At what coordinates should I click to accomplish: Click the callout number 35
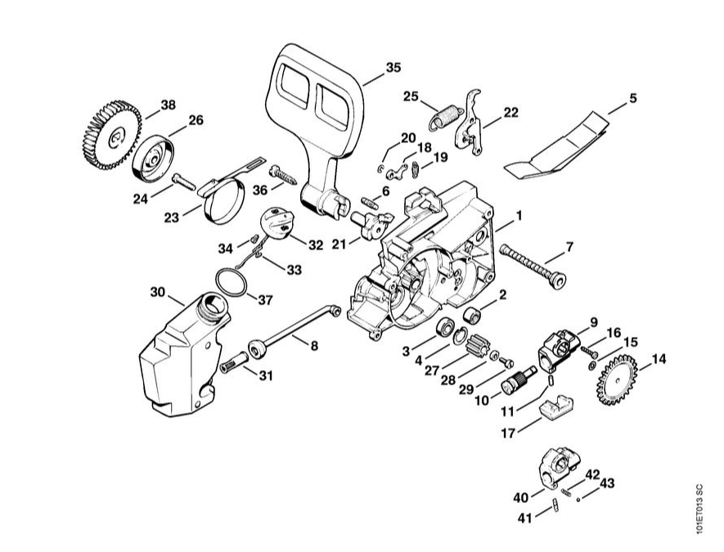pyautogui.click(x=393, y=67)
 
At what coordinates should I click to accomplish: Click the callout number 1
pyautogui.click(x=519, y=216)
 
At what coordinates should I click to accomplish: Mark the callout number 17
pyautogui.click(x=508, y=433)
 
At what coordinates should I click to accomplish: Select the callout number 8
pyautogui.click(x=314, y=345)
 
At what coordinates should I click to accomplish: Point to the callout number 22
pyautogui.click(x=510, y=113)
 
